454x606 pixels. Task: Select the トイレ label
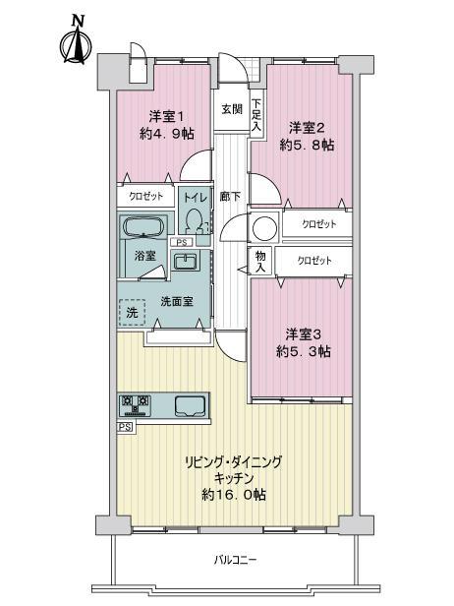pyautogui.click(x=197, y=197)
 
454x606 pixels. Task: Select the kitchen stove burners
pyautogui.click(x=136, y=403)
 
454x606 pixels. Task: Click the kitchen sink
pyautogui.click(x=189, y=404)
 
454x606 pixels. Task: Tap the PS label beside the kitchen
pyautogui.click(x=124, y=428)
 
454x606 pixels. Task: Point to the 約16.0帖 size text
pyautogui.click(x=234, y=494)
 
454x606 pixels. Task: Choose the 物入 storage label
pyautogui.click(x=260, y=261)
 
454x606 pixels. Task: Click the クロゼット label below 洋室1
pyautogui.click(x=145, y=197)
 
